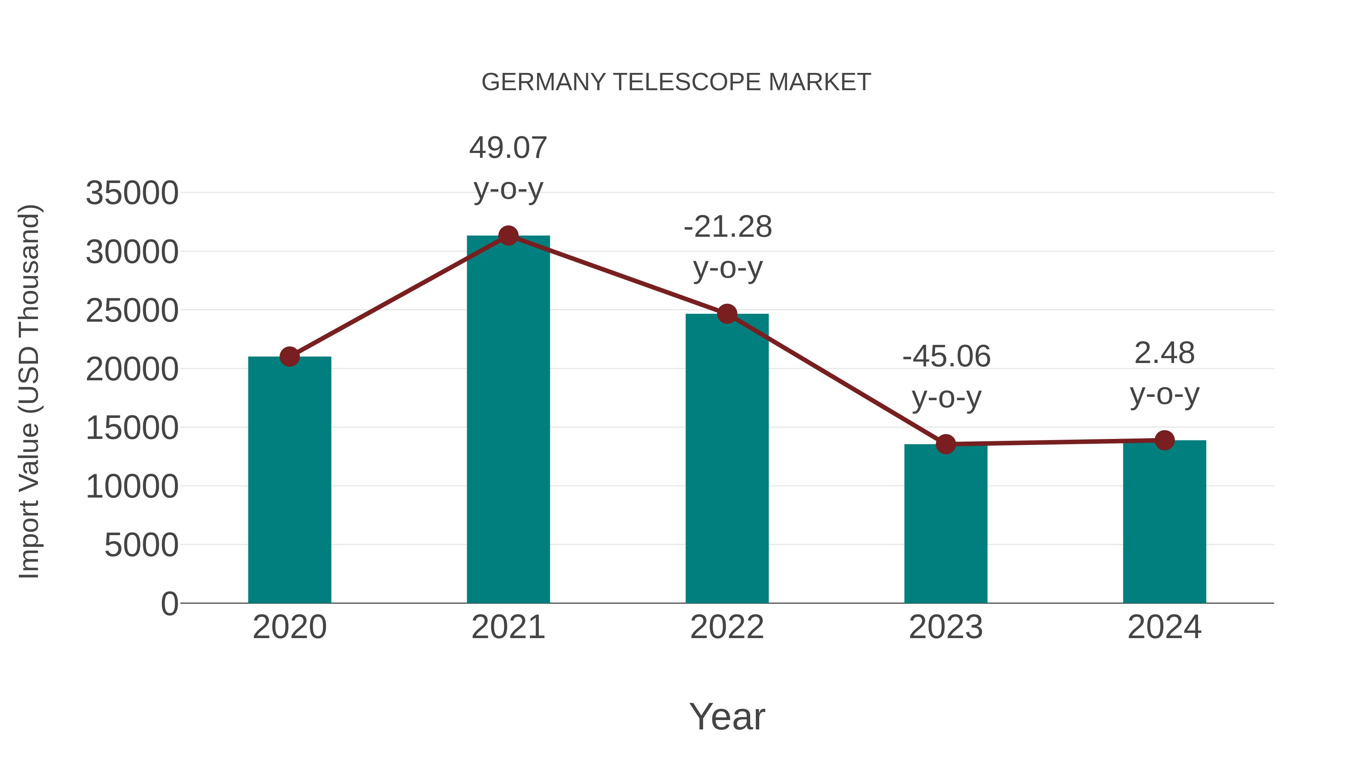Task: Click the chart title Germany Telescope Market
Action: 676,82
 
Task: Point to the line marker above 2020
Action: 289,357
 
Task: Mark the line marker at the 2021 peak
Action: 508,236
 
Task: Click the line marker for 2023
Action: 946,444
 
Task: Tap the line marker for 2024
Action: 1164,441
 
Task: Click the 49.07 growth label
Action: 508,148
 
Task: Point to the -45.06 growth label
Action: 946,357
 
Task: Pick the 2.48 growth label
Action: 1164,354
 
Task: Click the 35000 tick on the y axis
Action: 132,193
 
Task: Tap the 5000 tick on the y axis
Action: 141,545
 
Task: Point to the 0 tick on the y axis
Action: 169,604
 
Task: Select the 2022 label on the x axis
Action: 727,627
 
